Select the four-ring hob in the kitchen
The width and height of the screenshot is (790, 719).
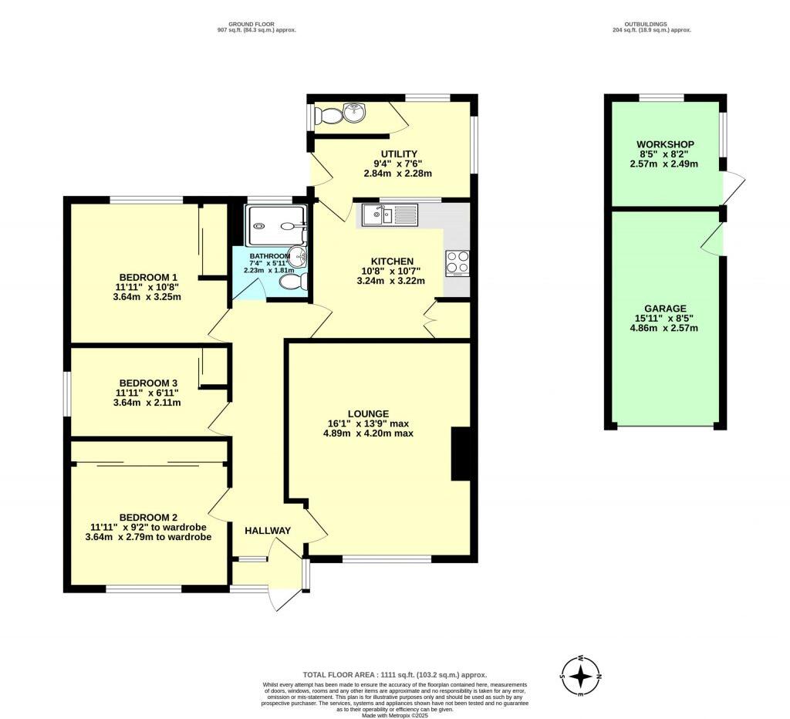click(457, 263)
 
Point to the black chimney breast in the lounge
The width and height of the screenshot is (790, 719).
click(461, 454)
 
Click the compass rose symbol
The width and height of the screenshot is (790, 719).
click(581, 676)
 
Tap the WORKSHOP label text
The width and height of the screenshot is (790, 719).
click(665, 144)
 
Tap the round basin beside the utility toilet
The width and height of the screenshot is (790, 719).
click(354, 113)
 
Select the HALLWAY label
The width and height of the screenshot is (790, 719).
click(268, 530)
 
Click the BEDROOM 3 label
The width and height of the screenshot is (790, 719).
click(148, 383)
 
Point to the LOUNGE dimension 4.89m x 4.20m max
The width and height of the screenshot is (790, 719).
click(368, 434)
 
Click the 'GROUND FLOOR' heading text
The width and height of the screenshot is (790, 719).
click(258, 23)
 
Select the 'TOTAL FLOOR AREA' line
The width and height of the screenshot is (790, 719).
click(394, 674)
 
